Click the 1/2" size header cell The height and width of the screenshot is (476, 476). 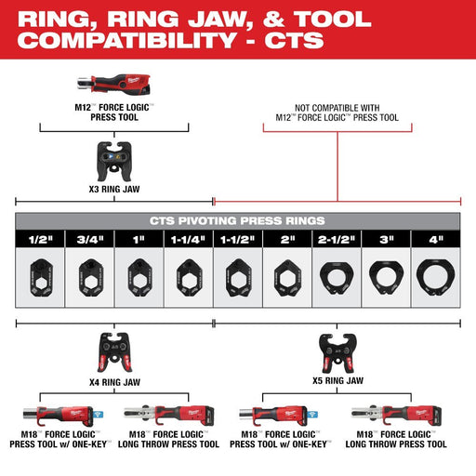(41, 239)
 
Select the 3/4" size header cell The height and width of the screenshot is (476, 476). (89, 239)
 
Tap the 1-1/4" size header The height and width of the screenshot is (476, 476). (188, 239)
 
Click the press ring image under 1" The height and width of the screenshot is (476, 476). (139, 276)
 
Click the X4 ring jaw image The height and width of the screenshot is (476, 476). (115, 353)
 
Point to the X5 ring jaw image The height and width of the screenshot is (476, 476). (336, 352)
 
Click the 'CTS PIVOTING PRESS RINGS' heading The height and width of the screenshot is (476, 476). (238, 220)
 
